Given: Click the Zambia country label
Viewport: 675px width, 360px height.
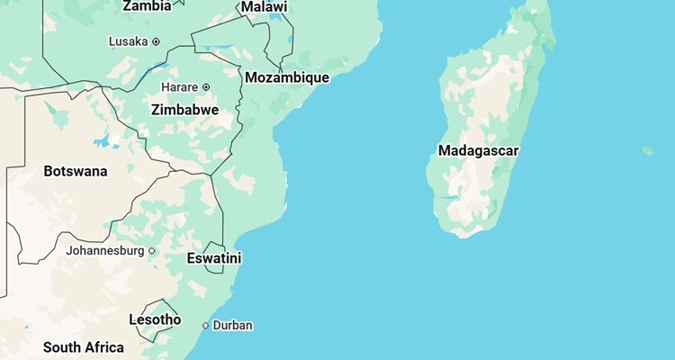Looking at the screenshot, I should (x=147, y=6).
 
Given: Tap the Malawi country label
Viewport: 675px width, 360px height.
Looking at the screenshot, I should (x=265, y=7).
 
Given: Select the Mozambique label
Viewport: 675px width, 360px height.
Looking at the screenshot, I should (x=287, y=78).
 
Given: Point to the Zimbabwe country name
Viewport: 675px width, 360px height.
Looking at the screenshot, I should (x=184, y=110).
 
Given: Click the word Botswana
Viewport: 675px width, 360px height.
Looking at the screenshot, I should (x=76, y=171).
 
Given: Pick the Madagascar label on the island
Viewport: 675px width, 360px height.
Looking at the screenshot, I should (x=479, y=150).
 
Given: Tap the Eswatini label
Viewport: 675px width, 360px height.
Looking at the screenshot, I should (x=214, y=259).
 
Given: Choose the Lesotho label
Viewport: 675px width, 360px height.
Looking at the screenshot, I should (x=155, y=320).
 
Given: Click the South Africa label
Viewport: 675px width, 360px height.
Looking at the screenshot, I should (x=84, y=347).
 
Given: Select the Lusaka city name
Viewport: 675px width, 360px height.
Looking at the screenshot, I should (x=128, y=41).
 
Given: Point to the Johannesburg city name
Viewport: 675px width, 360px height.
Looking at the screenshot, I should (x=104, y=251).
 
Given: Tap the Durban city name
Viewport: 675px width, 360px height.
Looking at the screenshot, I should (x=233, y=326).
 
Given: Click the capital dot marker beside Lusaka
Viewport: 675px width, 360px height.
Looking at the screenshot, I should (x=156, y=41).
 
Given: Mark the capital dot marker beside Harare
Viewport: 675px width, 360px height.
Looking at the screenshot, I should (x=206, y=87).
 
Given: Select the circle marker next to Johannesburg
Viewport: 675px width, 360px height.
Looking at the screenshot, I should (x=151, y=251).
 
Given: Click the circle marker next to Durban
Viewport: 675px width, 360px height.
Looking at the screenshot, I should (x=205, y=326).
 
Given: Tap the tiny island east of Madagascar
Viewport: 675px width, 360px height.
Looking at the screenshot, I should (x=647, y=151).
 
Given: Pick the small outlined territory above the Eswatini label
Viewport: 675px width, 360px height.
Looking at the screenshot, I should (x=214, y=246).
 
